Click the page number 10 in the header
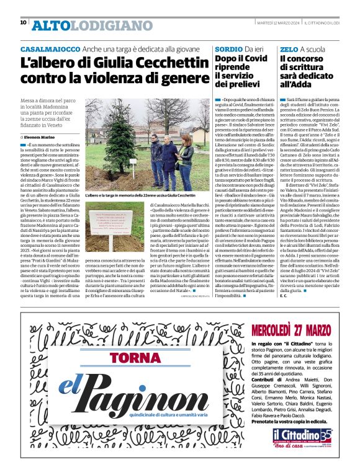click(x=23, y=22)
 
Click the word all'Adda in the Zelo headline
click(x=300, y=84)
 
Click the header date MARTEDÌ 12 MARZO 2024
click(x=266, y=23)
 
